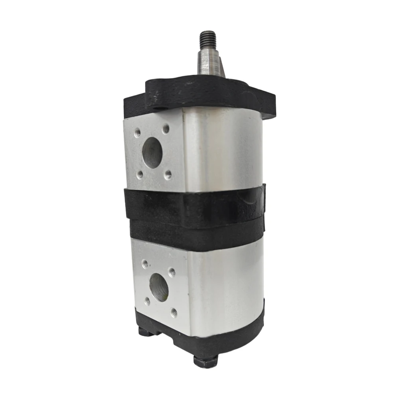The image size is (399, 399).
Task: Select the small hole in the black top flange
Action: [160, 109]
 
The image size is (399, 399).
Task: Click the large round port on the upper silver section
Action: [151, 152]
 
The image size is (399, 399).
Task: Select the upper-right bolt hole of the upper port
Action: [166, 128]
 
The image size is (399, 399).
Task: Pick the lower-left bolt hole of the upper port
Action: [140, 174]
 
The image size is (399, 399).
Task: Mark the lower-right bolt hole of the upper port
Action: [168, 174]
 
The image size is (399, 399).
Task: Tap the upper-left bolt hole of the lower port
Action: [145, 264]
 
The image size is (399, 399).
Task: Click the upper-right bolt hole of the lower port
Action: [172, 273]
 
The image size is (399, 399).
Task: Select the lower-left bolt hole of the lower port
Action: [147, 300]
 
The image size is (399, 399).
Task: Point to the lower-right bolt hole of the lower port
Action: [174, 312]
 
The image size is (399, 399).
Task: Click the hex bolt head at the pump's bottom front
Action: [205, 361]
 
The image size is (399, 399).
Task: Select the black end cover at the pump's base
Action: [223, 339]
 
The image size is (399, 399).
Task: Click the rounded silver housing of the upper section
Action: [223, 148]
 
